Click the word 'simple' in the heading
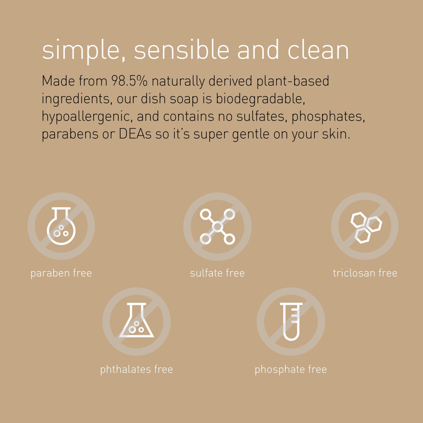click(x=81, y=50)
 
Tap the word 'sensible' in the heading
click(x=181, y=50)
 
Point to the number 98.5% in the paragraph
click(x=129, y=81)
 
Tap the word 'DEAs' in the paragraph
click(x=135, y=134)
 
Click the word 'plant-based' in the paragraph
click(x=293, y=81)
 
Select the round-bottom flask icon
click(x=61, y=226)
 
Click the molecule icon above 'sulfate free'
click(x=217, y=226)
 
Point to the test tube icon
click(x=291, y=321)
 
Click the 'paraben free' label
click(x=61, y=273)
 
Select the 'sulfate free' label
click(x=217, y=273)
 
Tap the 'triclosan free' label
click(x=365, y=273)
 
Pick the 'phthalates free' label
click(x=136, y=369)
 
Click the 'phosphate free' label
click(x=291, y=369)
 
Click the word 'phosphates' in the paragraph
click(x=328, y=117)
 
